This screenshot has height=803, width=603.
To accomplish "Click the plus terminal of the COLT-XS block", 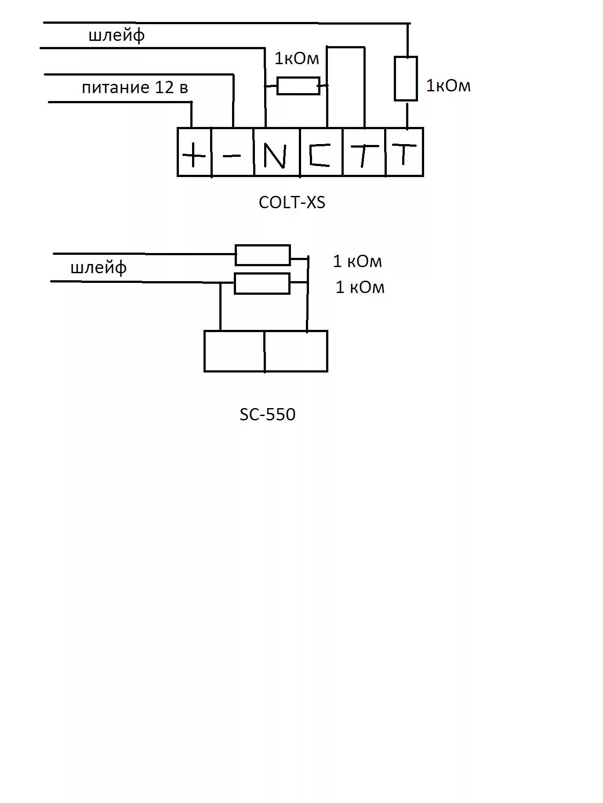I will pos(194,152).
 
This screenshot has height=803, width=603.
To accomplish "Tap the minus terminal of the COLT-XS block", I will pos(232,152).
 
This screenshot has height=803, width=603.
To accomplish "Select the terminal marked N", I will pos(277,152).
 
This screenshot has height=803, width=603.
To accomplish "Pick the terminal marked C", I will pos(321,152).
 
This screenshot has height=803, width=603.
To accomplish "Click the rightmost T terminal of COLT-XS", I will pos(404,152).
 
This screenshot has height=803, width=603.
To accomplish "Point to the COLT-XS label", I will pos(292,203).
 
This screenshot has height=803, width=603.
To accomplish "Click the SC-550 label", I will pos(267,414).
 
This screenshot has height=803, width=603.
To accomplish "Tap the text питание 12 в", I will pos(135,88).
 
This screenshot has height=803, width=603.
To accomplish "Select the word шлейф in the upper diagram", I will pos(116,35).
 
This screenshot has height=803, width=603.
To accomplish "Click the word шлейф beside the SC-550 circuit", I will pos(98,267).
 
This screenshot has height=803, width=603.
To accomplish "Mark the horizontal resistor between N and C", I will pos(298,86).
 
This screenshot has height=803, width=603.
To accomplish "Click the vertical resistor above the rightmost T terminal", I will pos(406,79).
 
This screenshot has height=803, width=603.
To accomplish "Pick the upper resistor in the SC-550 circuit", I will pos(263,255).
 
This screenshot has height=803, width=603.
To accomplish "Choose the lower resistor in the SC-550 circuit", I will pos(262,283).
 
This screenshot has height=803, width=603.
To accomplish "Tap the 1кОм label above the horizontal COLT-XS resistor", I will pos(297,58).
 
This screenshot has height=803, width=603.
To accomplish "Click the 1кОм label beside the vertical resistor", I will pos(448,86).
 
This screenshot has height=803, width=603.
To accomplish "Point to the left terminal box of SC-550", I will pos(234,351).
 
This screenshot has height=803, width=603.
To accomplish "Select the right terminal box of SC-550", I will pos(296,351).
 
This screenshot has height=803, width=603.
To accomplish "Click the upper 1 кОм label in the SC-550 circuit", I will pos(357,261).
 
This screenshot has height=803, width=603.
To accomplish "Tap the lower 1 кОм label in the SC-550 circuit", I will pos(360,287).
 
